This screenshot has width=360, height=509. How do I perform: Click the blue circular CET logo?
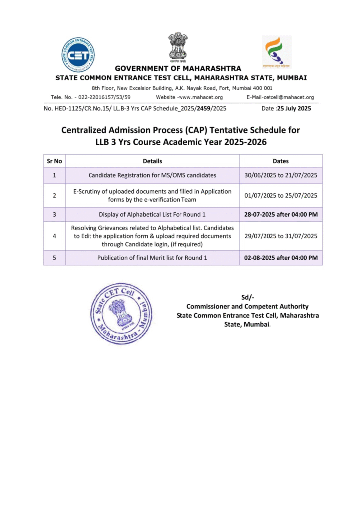coord(78,55)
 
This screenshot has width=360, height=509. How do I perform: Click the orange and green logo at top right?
coord(276,51)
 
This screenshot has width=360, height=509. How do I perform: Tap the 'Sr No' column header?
coord(54,161)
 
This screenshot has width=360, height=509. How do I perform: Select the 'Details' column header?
coord(152,161)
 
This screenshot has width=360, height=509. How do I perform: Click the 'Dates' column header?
coord(281,161)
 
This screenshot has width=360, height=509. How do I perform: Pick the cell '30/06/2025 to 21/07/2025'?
coord(281,175)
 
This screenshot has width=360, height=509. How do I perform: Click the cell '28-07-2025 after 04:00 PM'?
coord(281,214)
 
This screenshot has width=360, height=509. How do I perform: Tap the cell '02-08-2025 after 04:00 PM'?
coord(281,258)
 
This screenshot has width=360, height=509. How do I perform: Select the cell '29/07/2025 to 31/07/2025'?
coord(281,236)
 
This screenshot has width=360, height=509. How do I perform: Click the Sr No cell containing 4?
coord(54,236)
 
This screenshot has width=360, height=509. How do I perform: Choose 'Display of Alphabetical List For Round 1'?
coord(152,214)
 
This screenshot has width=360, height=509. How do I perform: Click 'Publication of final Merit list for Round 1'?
coord(152,258)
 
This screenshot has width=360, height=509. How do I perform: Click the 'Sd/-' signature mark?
coord(247,298)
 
